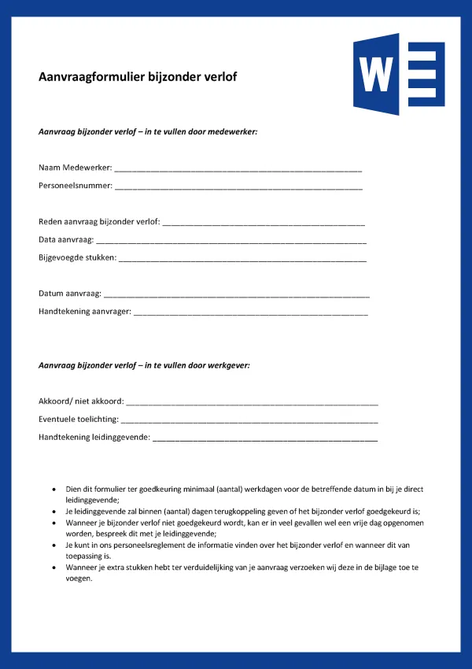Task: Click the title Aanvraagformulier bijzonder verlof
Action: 138,77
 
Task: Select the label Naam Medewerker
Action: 75,168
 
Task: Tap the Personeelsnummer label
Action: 75,187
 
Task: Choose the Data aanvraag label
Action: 66,239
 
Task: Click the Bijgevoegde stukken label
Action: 77,257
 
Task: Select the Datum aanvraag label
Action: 69,294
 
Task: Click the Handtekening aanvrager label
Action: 84,312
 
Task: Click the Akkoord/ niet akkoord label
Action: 80,401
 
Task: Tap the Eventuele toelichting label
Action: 79,419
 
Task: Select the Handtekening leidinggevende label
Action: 94,437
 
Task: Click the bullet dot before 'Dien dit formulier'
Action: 53,490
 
